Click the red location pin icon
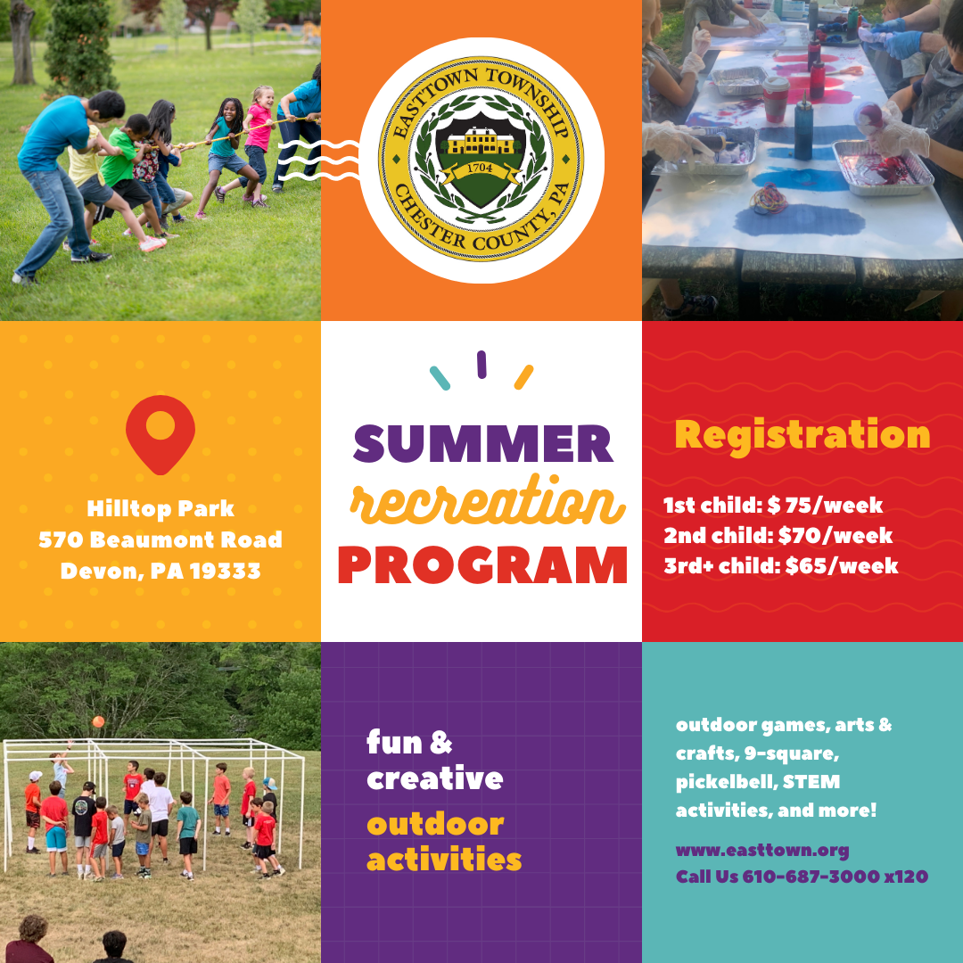(x=160, y=432)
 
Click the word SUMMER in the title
(x=482, y=443)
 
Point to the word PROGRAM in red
(x=482, y=564)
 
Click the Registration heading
(x=802, y=434)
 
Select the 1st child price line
(x=772, y=506)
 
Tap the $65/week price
(x=842, y=565)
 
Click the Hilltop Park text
(x=160, y=509)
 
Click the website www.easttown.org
(x=762, y=850)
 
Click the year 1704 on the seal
(x=481, y=166)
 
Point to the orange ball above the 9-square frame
(x=98, y=721)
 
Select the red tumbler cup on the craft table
(x=775, y=98)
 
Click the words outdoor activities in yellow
(x=443, y=842)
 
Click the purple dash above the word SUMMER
(x=481, y=364)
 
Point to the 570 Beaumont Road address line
(x=160, y=539)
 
